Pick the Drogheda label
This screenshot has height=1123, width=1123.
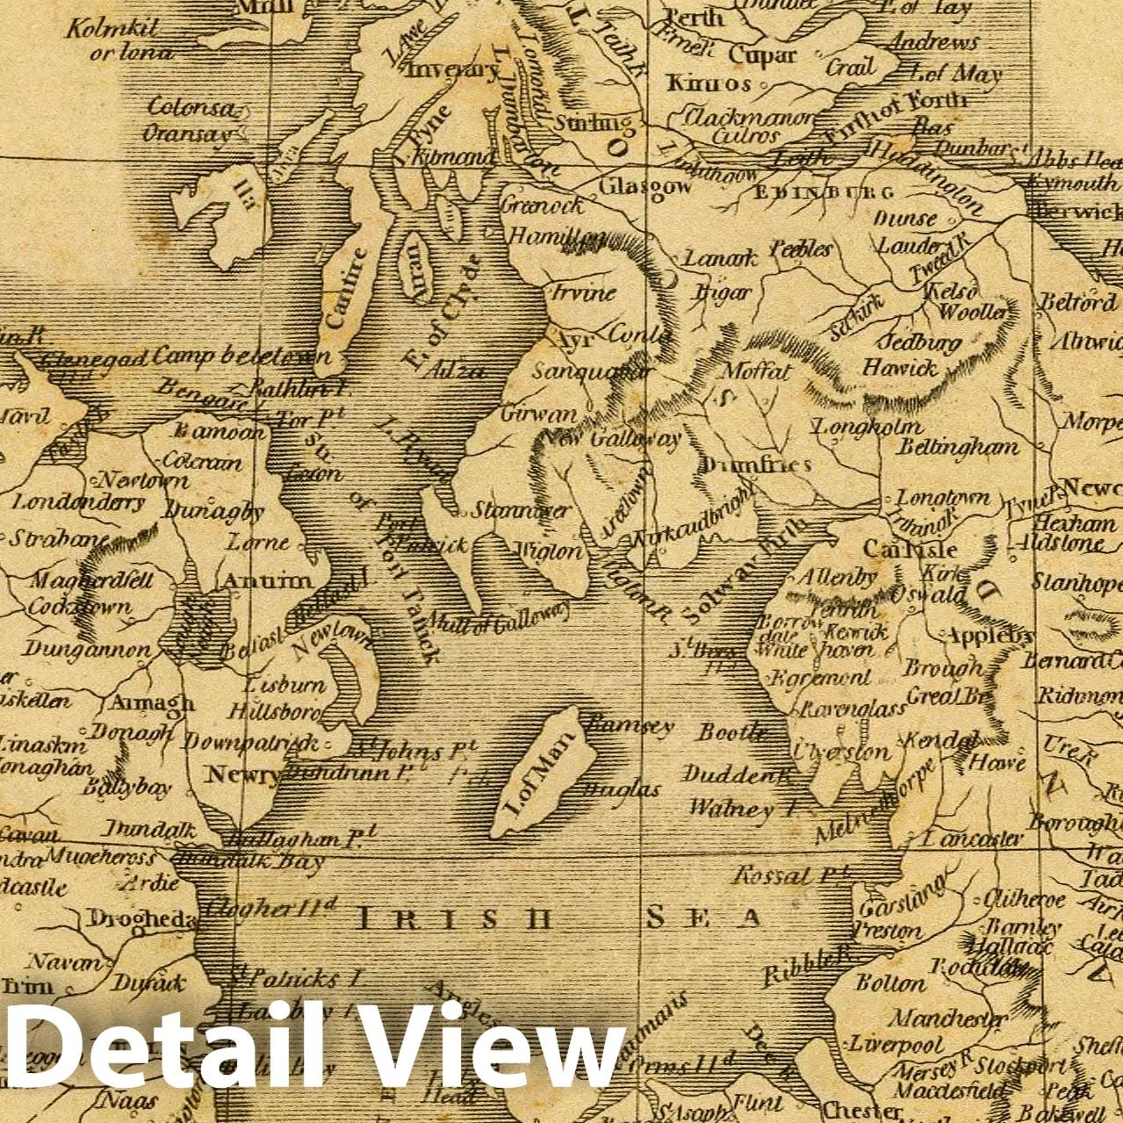[140, 918]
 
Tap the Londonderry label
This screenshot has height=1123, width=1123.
[77, 503]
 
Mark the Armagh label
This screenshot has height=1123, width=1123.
[152, 703]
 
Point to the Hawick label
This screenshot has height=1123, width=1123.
[899, 367]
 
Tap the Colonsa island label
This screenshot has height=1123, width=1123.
[191, 108]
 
